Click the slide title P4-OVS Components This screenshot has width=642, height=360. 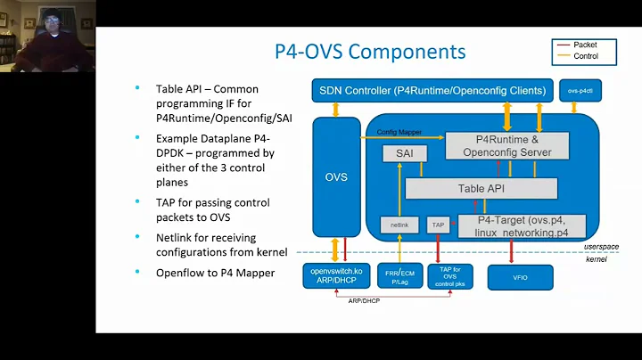(x=369, y=51)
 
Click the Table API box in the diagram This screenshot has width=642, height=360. (x=481, y=188)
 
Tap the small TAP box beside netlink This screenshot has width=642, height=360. (x=438, y=225)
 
